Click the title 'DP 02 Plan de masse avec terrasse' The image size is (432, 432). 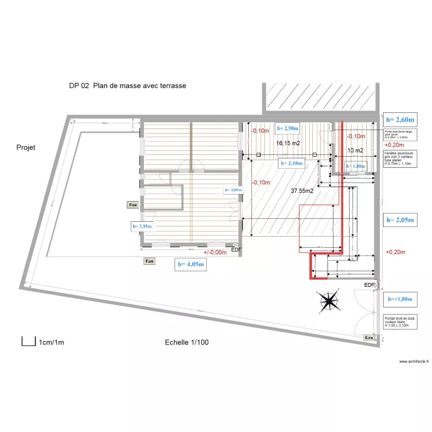(x=127, y=86)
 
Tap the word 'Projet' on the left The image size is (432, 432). (x=26, y=147)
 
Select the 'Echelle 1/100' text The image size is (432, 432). (x=187, y=342)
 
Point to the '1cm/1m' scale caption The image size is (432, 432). (x=52, y=343)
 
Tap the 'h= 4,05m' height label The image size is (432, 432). (x=191, y=264)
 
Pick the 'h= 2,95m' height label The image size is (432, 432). (x=142, y=227)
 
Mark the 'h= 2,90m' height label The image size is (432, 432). (x=287, y=128)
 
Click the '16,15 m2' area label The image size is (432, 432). (x=287, y=143)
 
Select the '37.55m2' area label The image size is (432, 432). (x=302, y=190)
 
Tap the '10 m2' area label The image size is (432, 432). (x=355, y=151)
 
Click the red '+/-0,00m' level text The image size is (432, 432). (x=214, y=252)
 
